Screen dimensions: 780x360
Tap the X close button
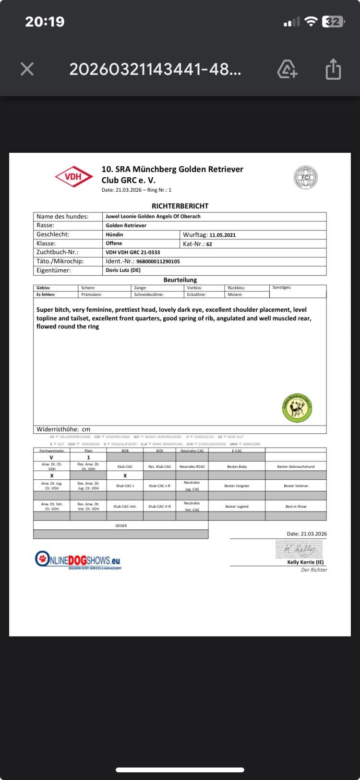point(27,69)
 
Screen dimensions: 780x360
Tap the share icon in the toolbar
point(333,69)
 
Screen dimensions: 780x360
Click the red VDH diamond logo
point(73,177)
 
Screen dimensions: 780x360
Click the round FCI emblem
point(306,177)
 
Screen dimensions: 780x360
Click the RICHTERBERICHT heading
point(180,206)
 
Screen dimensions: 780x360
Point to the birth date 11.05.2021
point(222,235)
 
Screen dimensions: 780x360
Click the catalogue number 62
point(209,244)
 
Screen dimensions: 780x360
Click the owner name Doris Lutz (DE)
point(123,270)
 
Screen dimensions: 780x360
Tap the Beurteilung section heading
point(180,280)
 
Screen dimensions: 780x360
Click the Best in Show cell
point(296,506)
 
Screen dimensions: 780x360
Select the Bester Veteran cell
point(296,486)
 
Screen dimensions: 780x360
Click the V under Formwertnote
point(51,458)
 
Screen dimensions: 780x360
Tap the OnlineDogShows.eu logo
point(78,560)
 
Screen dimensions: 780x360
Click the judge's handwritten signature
point(299,549)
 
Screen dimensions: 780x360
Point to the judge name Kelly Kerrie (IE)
point(305,562)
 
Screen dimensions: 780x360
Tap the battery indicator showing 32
point(333,22)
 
